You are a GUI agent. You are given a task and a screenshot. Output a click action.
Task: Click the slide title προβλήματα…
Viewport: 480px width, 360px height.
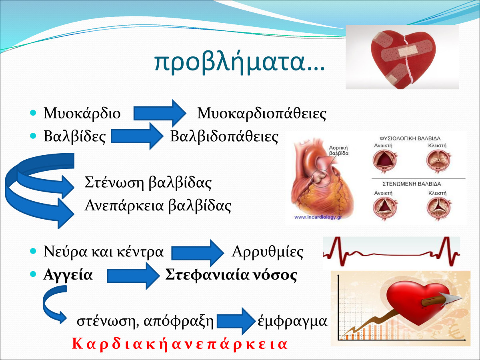click(x=240, y=62)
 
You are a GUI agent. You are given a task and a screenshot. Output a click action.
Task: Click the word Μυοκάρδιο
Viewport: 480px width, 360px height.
click(x=82, y=114)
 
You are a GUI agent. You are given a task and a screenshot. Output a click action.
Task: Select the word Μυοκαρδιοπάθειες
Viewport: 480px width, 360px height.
click(x=262, y=114)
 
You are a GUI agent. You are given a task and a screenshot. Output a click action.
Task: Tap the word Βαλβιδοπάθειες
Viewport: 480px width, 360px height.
click(x=224, y=137)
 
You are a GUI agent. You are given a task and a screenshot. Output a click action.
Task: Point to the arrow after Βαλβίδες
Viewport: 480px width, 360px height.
click(x=137, y=136)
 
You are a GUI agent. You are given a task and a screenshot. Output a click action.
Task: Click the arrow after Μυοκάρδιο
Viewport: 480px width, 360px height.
click(x=160, y=113)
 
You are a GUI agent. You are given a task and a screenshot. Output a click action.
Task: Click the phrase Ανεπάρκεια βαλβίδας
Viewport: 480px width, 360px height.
click(x=158, y=206)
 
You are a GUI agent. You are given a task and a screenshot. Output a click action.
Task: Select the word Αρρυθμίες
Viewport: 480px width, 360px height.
click(x=268, y=252)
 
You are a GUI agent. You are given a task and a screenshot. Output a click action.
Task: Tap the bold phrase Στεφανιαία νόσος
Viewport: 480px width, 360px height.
click(x=231, y=275)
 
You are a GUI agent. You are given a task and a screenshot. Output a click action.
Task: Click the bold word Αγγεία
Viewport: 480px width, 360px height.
click(x=68, y=275)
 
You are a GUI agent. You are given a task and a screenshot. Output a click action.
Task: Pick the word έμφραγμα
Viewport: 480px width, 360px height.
click(x=292, y=321)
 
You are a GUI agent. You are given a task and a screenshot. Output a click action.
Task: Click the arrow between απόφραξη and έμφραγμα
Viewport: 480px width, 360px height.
click(x=236, y=321)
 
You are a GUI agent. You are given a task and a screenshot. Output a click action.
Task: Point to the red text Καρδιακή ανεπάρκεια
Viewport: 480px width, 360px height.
click(x=180, y=344)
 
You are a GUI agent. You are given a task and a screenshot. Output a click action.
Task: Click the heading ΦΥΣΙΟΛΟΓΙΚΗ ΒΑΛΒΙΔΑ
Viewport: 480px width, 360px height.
click(x=410, y=138)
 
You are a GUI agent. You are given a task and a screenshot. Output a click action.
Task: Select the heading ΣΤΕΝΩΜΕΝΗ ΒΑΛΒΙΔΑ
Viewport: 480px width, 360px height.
click(x=412, y=184)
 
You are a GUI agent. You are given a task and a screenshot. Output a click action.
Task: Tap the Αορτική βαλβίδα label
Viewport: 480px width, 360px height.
click(x=338, y=151)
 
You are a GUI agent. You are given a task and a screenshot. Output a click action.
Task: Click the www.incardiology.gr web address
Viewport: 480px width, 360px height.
click(x=318, y=217)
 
